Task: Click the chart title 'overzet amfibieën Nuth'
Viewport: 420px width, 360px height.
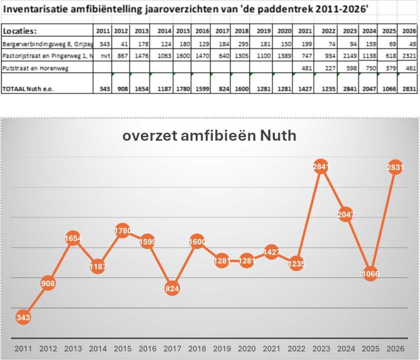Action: [209, 135]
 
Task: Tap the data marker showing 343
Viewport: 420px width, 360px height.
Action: [23, 317]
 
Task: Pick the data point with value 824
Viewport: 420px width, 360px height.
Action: [172, 288]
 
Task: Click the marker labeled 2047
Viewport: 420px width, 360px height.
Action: [346, 214]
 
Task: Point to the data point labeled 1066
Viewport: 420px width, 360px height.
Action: [371, 273]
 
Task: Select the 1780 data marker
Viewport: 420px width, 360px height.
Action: [123, 230]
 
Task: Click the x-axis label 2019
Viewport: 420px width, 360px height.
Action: [222, 349]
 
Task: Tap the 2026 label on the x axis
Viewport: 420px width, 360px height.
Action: [395, 349]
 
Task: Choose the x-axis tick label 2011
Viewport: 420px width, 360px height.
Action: [23, 349]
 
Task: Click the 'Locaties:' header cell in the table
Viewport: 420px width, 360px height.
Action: [20, 31]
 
